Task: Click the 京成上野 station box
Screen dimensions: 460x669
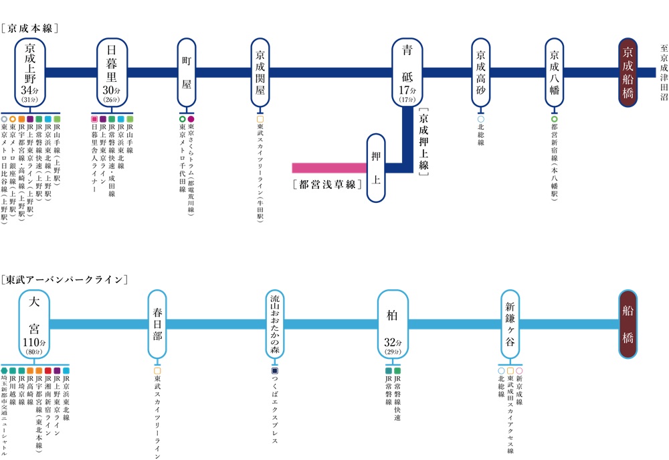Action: coord(30,72)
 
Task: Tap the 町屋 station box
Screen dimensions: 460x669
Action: coord(187,72)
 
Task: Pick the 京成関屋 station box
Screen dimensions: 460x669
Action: coord(260,72)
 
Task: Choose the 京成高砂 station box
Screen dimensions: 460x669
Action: coord(480,72)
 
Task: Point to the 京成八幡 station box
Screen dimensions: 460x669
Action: coord(555,72)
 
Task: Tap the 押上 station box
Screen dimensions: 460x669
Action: coord(376,167)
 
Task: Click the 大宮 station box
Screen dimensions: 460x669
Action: coord(34,324)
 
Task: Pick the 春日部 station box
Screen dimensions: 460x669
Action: coord(157,324)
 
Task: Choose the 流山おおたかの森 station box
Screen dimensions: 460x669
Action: coord(275,324)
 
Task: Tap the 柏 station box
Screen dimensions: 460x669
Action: coord(393,324)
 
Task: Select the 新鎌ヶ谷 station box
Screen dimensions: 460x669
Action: coord(510,324)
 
